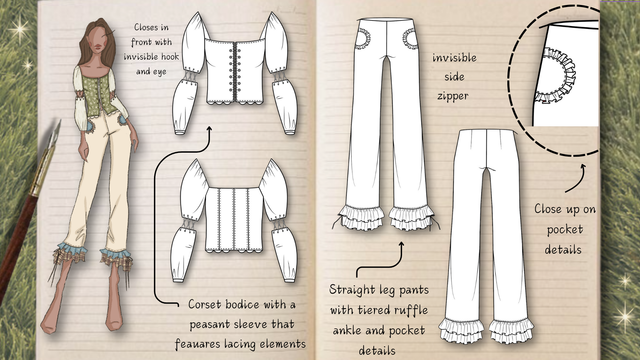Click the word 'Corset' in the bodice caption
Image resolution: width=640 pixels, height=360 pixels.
205,305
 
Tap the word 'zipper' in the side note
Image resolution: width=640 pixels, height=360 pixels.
453,96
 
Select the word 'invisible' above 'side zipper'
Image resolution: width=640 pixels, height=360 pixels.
454,58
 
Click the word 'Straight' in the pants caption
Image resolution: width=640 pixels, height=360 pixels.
352,290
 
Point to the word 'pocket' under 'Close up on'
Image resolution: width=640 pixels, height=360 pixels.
565,230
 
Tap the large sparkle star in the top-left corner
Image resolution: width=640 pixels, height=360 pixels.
21,29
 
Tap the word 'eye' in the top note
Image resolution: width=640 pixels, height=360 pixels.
160,72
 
